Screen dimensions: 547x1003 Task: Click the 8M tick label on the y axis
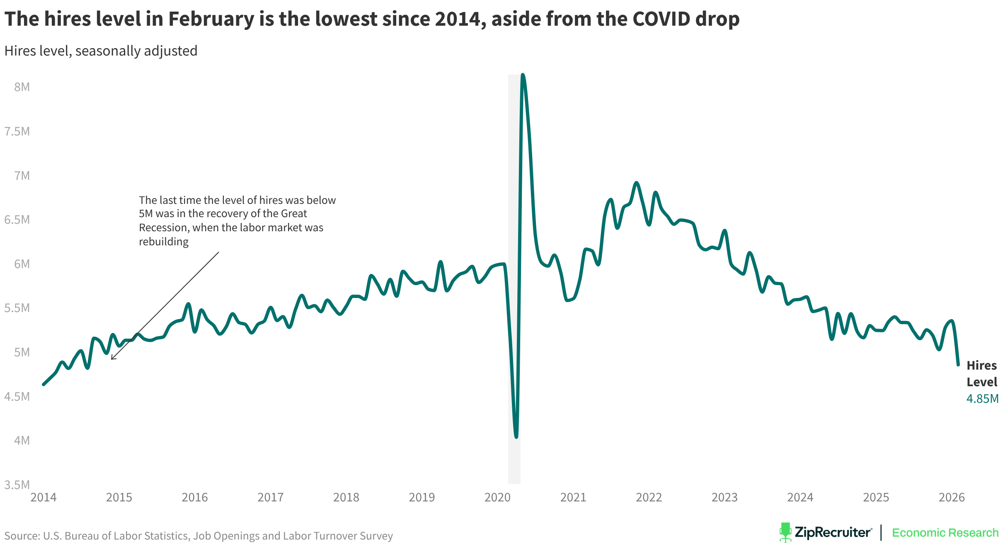pyautogui.click(x=22, y=87)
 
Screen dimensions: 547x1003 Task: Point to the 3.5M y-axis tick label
pyautogui.click(x=17, y=484)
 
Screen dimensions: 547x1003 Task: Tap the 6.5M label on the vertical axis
pyautogui.click(x=17, y=220)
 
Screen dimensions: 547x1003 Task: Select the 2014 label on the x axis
pyautogui.click(x=44, y=497)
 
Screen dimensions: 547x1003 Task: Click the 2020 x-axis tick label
pyautogui.click(x=497, y=497)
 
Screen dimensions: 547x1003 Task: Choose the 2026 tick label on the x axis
pyautogui.click(x=952, y=497)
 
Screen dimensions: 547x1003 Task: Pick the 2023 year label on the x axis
pyautogui.click(x=724, y=497)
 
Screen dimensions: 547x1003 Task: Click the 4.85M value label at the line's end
pyautogui.click(x=982, y=399)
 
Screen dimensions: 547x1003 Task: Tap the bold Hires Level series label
pyautogui.click(x=981, y=374)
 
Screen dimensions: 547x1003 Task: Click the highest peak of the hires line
pyautogui.click(x=523, y=75)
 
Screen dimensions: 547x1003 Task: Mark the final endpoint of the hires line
pyautogui.click(x=958, y=365)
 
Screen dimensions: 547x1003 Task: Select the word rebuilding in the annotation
pyautogui.click(x=164, y=242)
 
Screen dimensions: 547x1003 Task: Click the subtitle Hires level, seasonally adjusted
pyautogui.click(x=101, y=51)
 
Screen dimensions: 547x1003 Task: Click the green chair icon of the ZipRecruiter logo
pyautogui.click(x=785, y=532)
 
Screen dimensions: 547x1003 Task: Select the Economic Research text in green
pyautogui.click(x=945, y=532)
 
